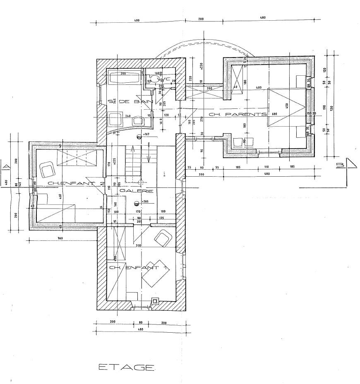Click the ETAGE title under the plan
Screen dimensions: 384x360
point(127,367)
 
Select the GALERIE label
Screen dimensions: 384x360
point(142,191)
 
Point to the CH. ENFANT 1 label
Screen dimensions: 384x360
point(134,268)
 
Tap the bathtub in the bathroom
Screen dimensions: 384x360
point(125,78)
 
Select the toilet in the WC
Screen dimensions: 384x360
point(154,77)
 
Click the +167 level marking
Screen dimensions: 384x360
point(145,135)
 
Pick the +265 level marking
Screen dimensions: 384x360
point(144,202)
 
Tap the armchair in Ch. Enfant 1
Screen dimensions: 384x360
point(163,238)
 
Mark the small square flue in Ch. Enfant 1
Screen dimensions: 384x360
point(156,301)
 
